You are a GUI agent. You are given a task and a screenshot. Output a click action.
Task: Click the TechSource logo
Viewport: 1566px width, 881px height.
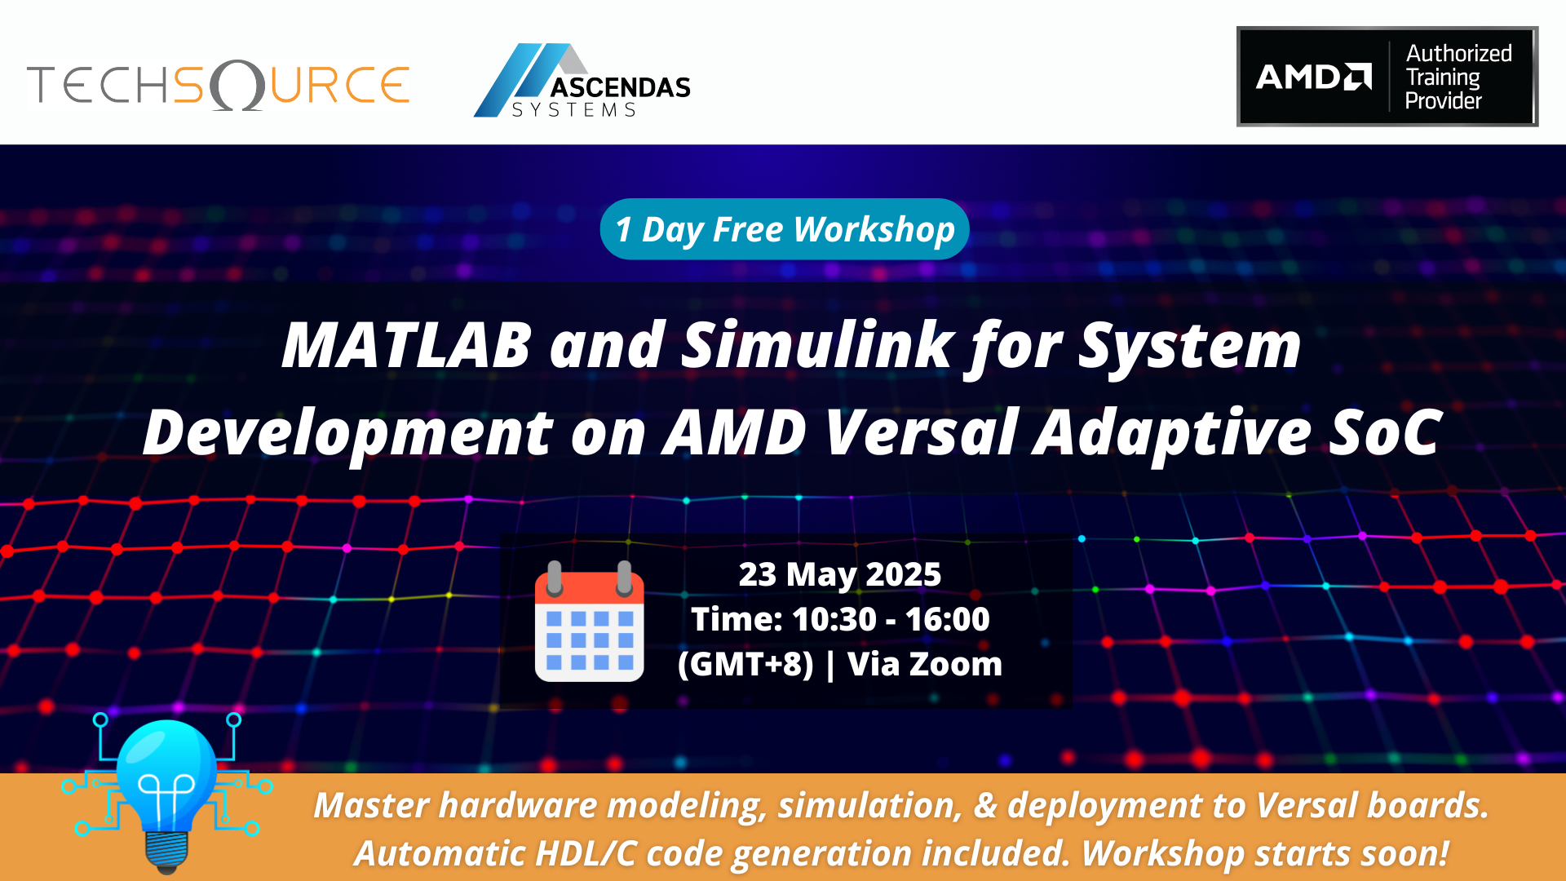[219, 85]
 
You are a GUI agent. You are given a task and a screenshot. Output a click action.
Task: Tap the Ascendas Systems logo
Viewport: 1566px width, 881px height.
[582, 82]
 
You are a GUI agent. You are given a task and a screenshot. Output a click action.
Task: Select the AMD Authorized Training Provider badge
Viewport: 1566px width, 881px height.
[1387, 77]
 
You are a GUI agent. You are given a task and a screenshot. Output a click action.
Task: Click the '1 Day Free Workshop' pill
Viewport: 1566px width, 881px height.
[785, 229]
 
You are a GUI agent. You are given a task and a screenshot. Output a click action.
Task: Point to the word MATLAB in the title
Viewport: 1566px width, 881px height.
[406, 346]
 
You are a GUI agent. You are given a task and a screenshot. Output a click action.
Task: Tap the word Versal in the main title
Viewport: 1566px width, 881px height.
[922, 432]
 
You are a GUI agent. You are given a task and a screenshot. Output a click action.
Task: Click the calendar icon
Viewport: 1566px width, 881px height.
[589, 622]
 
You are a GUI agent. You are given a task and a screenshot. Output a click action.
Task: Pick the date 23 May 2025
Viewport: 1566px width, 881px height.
[840, 574]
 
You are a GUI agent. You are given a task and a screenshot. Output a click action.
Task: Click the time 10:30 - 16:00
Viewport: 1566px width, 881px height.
[890, 619]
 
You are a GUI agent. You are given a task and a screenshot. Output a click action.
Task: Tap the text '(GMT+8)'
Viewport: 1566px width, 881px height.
[745, 664]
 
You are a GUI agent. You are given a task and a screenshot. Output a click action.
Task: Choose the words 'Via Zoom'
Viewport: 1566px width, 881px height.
[924, 664]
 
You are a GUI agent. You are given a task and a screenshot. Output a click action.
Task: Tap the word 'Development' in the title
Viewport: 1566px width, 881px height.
[348, 432]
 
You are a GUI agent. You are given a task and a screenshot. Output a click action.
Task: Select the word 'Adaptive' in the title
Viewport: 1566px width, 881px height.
[1171, 432]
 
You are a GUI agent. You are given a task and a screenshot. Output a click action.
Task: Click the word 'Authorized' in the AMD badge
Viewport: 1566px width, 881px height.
[1458, 54]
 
